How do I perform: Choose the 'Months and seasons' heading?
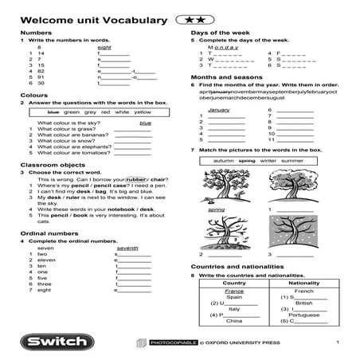tap(223, 77)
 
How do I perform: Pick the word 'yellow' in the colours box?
tap(143, 112)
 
